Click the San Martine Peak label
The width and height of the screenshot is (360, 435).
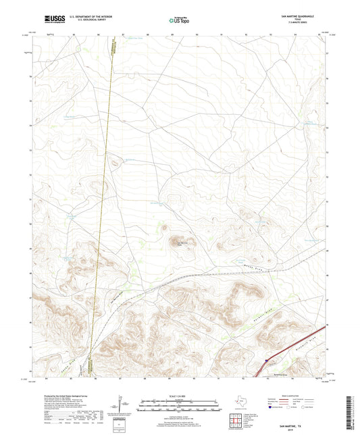point(180,244)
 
